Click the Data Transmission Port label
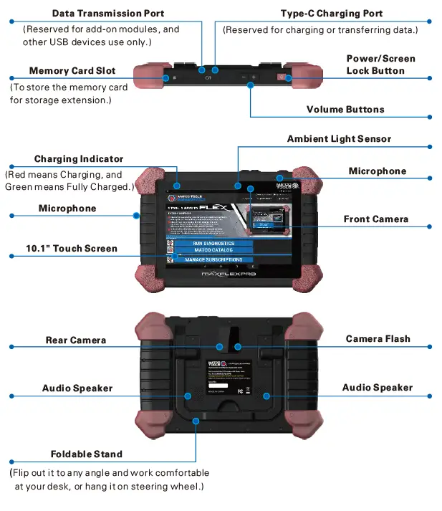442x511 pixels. (108, 14)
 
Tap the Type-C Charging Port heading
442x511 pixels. (332, 14)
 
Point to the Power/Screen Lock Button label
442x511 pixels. (380, 65)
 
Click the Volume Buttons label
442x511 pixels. (345, 110)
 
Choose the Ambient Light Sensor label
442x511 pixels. (339, 138)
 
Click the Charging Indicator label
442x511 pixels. (79, 159)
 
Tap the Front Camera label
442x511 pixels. (375, 219)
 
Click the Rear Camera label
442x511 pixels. (76, 340)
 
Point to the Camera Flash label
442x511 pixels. (378, 339)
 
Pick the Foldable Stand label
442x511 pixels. (86, 454)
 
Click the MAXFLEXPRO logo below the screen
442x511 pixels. (229, 274)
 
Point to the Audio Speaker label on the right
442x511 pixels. (377, 388)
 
